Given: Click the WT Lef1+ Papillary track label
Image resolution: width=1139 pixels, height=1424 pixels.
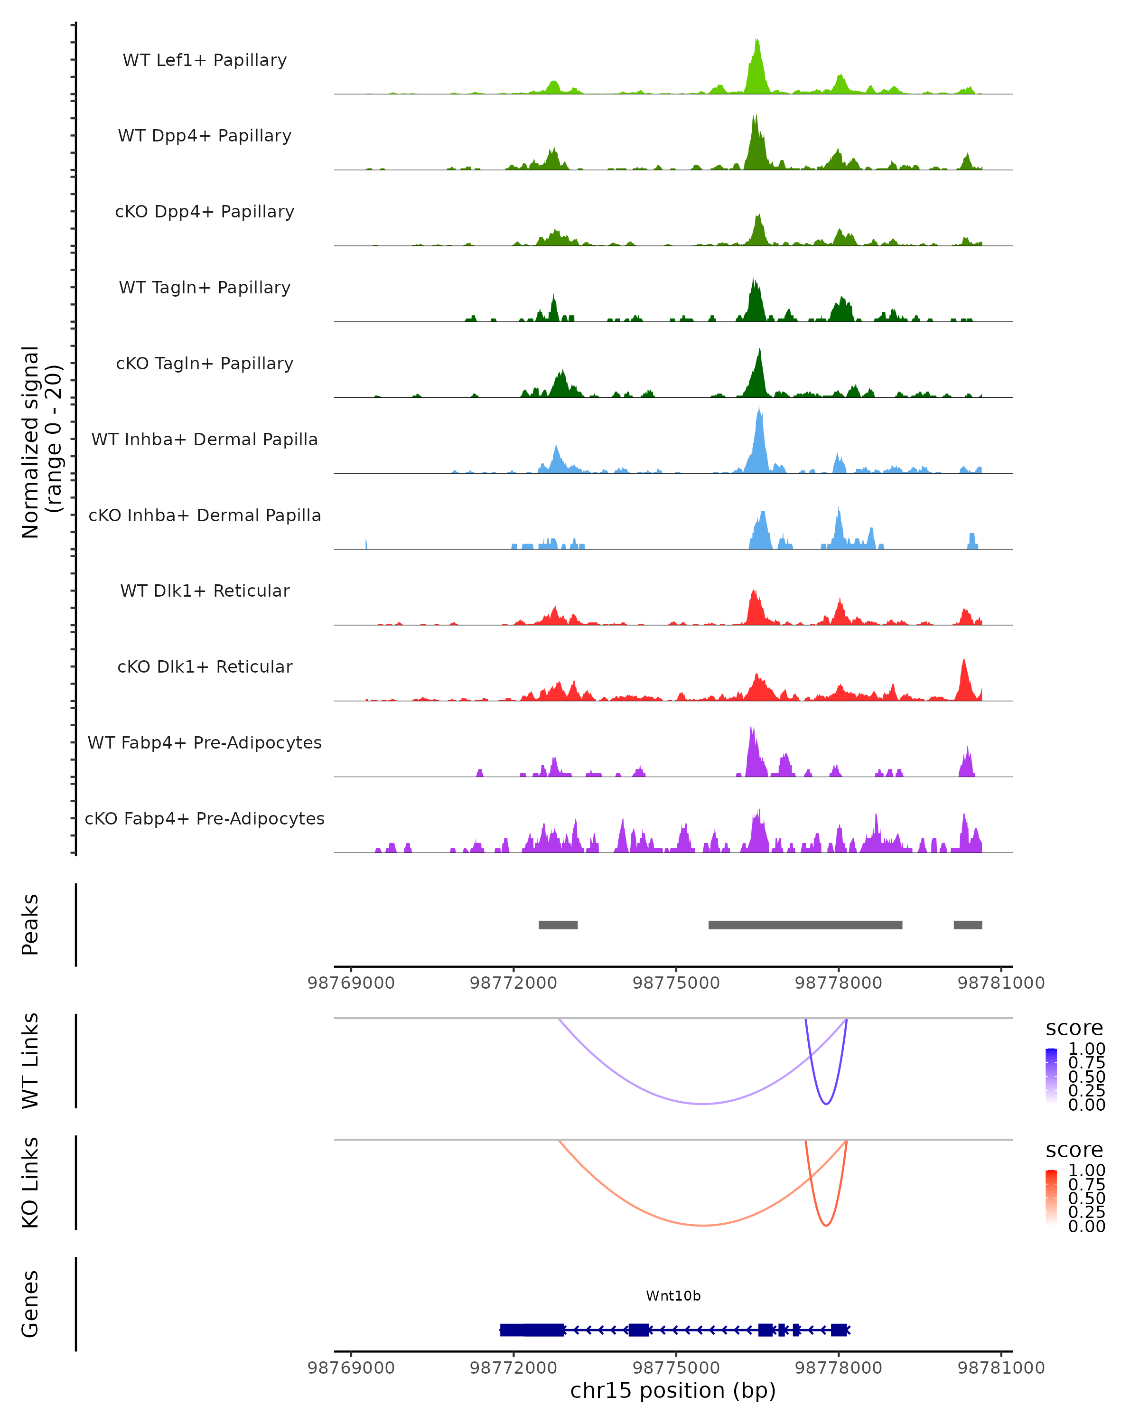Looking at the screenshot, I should [205, 60].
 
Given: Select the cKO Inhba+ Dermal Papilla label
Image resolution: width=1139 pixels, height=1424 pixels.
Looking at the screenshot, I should [205, 515].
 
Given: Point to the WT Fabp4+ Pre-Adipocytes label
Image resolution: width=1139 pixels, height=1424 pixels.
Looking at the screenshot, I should [205, 742].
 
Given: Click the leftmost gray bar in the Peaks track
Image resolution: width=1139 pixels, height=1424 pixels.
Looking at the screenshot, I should [558, 925].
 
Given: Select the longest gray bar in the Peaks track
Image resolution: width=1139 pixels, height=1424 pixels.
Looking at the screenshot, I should [805, 925].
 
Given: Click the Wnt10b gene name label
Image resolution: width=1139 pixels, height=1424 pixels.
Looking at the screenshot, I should [673, 1296].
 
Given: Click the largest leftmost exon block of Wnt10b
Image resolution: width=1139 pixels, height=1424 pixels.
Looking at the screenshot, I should [532, 1330].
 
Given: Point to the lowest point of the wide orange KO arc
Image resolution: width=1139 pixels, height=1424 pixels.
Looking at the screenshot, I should [703, 1225].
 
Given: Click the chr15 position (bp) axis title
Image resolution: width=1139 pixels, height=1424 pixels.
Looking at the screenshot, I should [673, 1391].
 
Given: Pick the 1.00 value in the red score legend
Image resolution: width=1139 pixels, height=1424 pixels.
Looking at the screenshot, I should [1086, 1171].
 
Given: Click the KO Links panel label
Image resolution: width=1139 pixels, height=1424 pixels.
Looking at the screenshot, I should [30, 1182].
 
